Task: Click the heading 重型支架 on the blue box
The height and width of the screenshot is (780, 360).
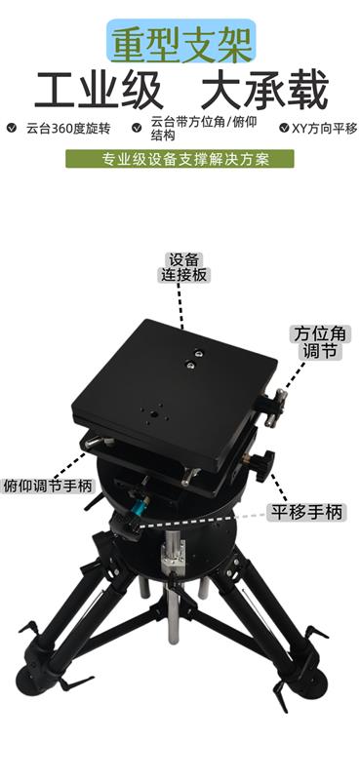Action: click(x=181, y=42)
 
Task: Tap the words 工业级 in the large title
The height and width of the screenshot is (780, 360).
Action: click(x=99, y=91)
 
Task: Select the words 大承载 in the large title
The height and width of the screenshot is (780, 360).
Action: click(x=263, y=91)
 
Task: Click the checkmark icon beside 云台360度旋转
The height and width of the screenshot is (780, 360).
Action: click(x=12, y=128)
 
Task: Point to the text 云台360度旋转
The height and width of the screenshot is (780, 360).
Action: click(x=68, y=129)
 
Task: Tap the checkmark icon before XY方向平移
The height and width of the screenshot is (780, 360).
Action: click(x=284, y=128)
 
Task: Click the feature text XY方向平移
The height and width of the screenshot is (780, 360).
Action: click(x=325, y=129)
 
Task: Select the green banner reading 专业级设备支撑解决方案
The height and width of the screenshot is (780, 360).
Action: click(x=180, y=159)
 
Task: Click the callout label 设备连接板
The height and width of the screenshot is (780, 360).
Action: click(x=184, y=267)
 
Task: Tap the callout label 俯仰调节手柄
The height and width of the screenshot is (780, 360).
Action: click(x=48, y=486)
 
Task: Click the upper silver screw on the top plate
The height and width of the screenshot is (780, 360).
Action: click(x=198, y=354)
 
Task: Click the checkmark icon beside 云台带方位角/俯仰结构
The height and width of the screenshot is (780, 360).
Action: click(x=137, y=128)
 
